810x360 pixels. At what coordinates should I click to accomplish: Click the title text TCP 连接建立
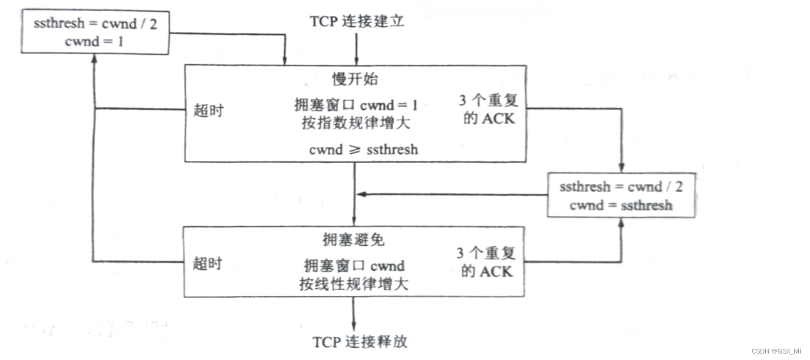pos(357,22)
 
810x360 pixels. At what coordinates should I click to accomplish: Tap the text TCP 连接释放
pos(360,342)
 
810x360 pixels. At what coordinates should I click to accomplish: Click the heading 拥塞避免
pos(354,240)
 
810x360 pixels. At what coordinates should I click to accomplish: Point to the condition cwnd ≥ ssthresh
pos(363,150)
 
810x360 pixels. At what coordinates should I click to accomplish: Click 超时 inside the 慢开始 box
pos(209,110)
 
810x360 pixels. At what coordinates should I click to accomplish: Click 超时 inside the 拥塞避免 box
pos(208,263)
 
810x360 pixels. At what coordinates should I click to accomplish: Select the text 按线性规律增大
pos(354,284)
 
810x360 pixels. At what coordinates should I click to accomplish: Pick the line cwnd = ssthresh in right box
pos(621,206)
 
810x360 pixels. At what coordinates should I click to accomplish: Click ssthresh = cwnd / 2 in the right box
pos(621,187)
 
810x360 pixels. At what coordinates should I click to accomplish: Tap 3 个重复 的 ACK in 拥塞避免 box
pos(486,263)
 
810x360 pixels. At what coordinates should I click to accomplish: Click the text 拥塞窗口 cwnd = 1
pos(356,106)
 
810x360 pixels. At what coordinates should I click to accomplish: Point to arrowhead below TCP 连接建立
pos(356,61)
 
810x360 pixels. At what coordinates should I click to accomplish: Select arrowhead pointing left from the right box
pos(361,194)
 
